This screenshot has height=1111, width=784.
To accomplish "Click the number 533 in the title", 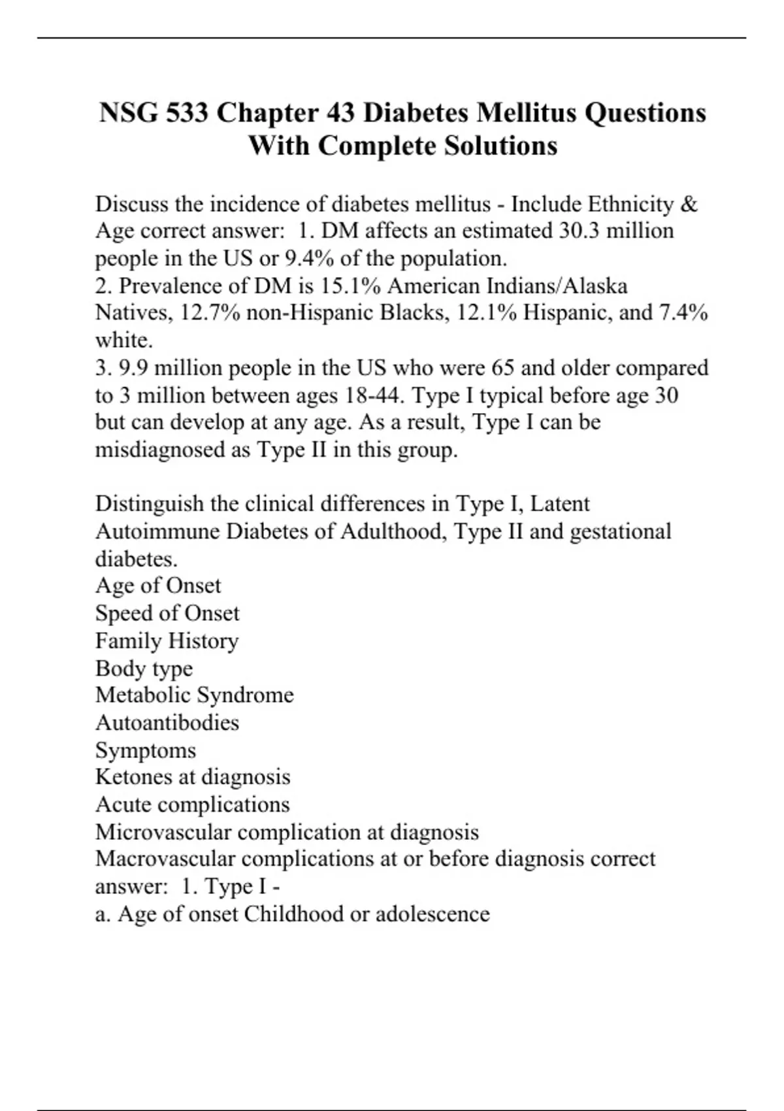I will [187, 113].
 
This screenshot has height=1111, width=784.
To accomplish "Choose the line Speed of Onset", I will [167, 613].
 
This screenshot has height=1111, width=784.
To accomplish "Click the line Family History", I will [167, 640].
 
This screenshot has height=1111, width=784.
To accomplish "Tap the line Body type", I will [144, 668].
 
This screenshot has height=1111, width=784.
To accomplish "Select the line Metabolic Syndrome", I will [194, 695].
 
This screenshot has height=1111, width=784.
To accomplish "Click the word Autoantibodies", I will [167, 722].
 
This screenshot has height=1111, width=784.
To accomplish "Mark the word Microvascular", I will [163, 832].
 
